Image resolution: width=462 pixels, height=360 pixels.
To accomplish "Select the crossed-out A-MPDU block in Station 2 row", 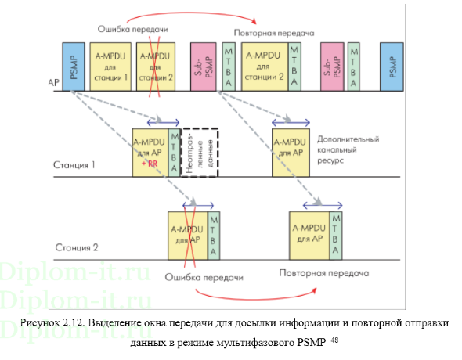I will pos(187,235).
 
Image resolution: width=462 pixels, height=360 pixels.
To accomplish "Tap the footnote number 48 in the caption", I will pos(335,340).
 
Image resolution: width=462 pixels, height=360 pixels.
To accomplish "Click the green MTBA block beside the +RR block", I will pos(173,149).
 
